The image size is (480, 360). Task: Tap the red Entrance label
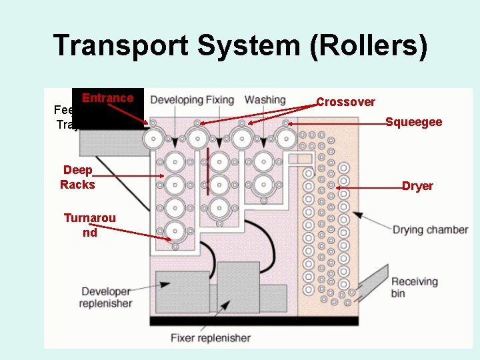coord(107,98)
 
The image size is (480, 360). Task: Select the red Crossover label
coord(345,102)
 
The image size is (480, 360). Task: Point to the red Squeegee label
coord(413,122)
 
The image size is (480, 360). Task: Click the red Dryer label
coord(417,186)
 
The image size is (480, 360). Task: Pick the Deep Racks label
coord(77,177)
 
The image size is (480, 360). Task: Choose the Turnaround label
coord(89,225)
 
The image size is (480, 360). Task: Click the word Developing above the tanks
coord(176,100)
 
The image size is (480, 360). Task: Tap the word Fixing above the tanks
coord(219,100)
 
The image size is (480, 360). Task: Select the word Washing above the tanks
coord(265,100)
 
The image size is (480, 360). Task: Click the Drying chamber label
coord(429,230)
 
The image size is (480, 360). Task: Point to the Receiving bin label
coord(414,287)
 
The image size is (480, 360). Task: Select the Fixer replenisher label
coord(210,337)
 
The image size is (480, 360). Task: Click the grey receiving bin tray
coord(373,280)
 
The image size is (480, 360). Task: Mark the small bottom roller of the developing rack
coord(175,247)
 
